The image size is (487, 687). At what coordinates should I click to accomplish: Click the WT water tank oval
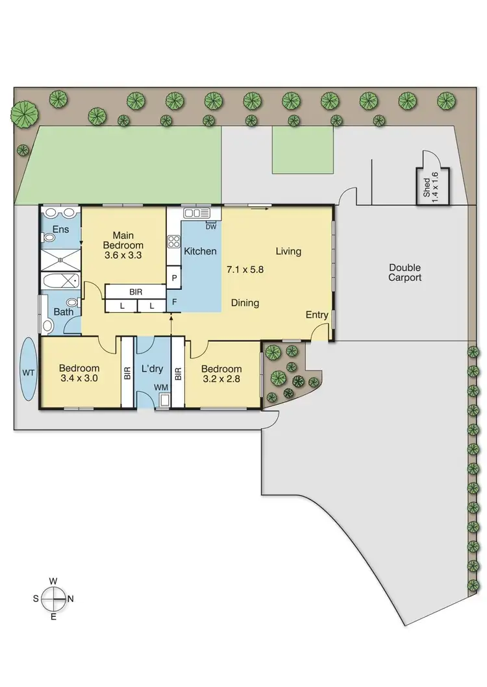pos(29,372)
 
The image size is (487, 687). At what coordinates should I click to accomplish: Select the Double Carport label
pos(405,272)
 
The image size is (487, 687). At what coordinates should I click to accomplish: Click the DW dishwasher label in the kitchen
pos(210,226)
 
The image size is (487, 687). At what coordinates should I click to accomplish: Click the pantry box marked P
pos(174,278)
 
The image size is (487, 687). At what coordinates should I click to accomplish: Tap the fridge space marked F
pos(174,302)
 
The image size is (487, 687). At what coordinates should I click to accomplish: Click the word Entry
pos(317,315)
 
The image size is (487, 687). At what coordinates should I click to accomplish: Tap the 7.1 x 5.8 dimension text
pos(244,267)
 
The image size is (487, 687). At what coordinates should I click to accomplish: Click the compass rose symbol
pos(54,598)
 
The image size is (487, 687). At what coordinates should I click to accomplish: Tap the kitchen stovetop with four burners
pos(174,241)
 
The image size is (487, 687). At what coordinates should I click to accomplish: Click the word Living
pos(288,251)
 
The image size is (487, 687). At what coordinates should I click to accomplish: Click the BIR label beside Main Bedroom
pos(135,292)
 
